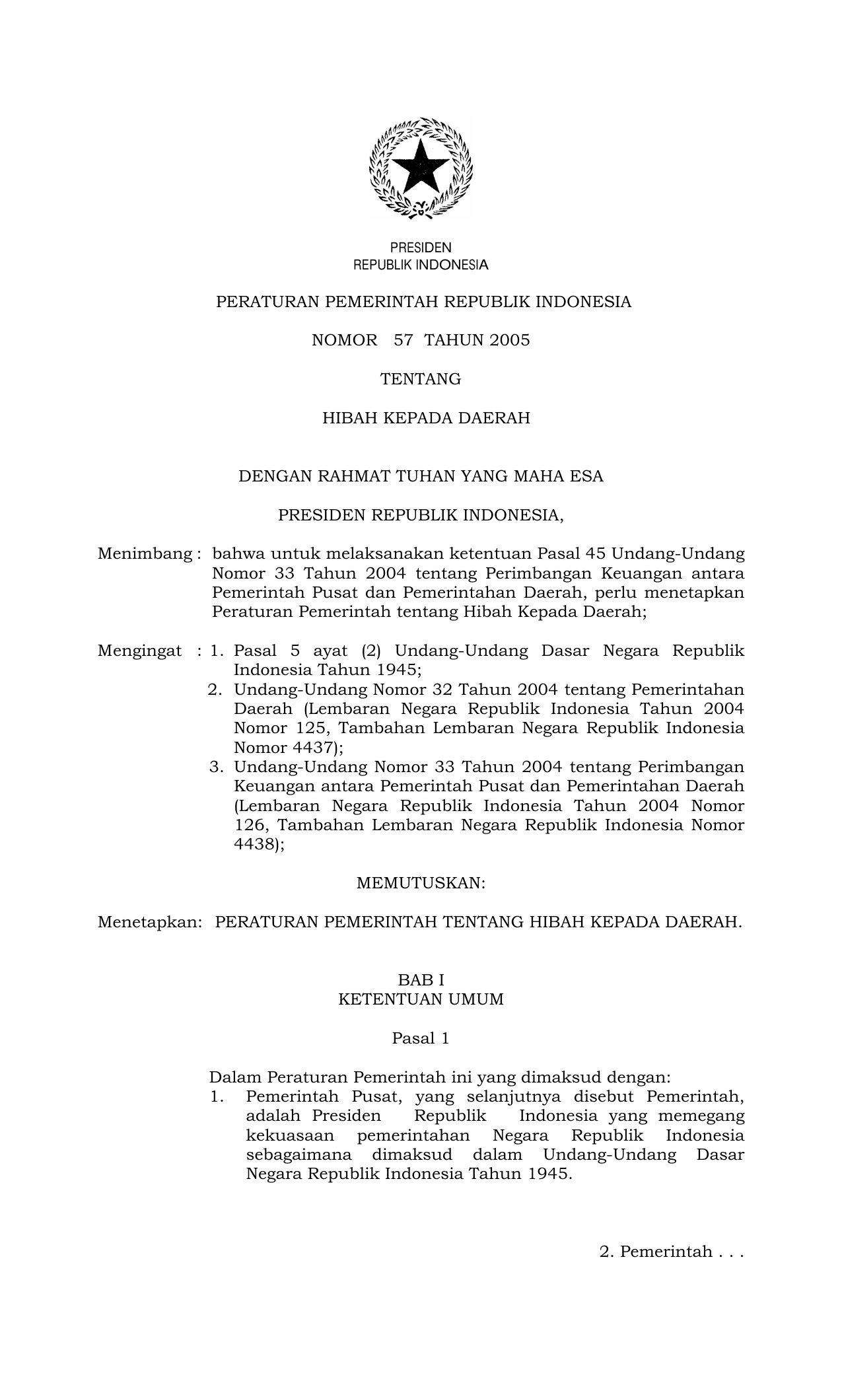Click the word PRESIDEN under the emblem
point(421,248)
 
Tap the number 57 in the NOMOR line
point(403,341)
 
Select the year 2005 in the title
point(509,341)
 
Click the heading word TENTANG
point(421,380)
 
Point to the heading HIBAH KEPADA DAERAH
point(426,419)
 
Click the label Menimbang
point(145,554)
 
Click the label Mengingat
point(139,651)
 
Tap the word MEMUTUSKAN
point(421,884)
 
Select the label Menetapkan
point(149,923)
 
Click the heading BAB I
point(421,981)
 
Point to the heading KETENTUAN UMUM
point(421,1000)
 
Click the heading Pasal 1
point(421,1039)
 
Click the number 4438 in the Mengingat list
point(255,845)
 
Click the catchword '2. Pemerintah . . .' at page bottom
point(672,1252)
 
